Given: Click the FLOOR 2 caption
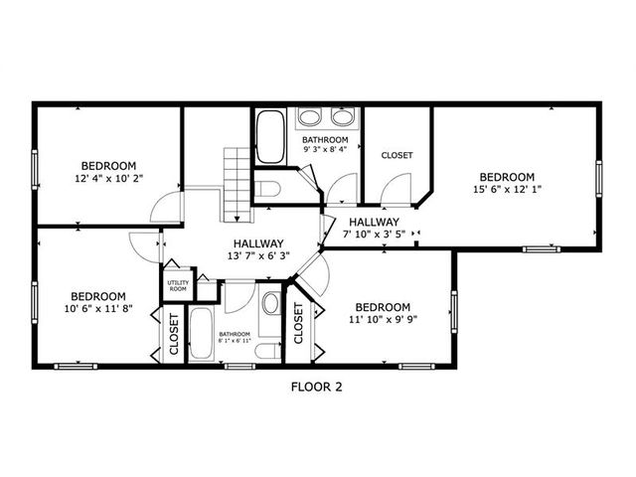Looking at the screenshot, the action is [317, 387].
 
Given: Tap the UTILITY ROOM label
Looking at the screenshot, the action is [178, 285].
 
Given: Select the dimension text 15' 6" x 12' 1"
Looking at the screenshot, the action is [507, 189].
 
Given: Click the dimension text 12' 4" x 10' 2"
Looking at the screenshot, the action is [109, 178].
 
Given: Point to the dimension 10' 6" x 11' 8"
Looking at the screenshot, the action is [98, 308].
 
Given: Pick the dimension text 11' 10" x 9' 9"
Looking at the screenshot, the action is [384, 319].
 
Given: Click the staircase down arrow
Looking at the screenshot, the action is [238, 219].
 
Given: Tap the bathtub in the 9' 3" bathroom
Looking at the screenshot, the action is [270, 137].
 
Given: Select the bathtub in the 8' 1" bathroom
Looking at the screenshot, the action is [201, 334].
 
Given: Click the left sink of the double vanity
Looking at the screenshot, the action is [309, 117].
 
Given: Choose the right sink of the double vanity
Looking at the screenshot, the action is [344, 117].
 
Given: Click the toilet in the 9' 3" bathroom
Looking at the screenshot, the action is [267, 189].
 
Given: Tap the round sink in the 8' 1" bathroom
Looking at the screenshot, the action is [270, 303].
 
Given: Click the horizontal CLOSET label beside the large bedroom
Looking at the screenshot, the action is [397, 155].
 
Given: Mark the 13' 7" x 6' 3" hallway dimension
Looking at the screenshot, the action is [258, 255].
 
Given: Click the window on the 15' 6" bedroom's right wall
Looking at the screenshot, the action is [598, 179].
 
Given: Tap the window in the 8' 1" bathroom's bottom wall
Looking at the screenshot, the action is [239, 367].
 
